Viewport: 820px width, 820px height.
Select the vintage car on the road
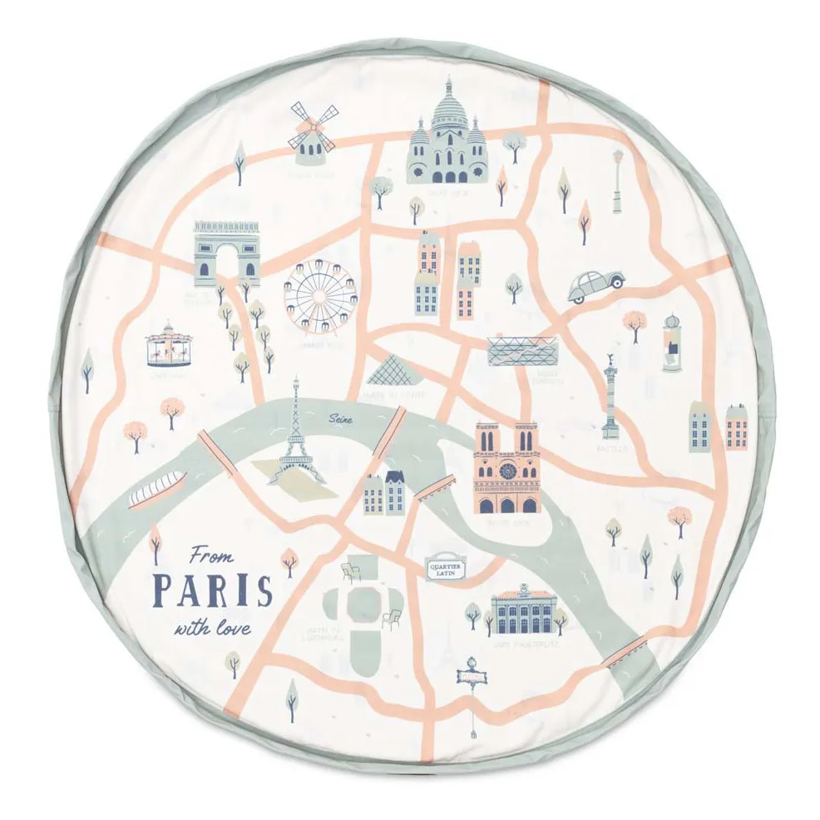click(595, 285)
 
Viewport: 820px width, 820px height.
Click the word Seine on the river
click(340, 420)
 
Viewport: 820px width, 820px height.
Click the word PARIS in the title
click(213, 590)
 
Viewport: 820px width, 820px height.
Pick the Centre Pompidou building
click(521, 351)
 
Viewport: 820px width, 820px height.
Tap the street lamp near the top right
click(617, 180)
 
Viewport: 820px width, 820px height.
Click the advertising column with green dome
click(670, 343)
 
